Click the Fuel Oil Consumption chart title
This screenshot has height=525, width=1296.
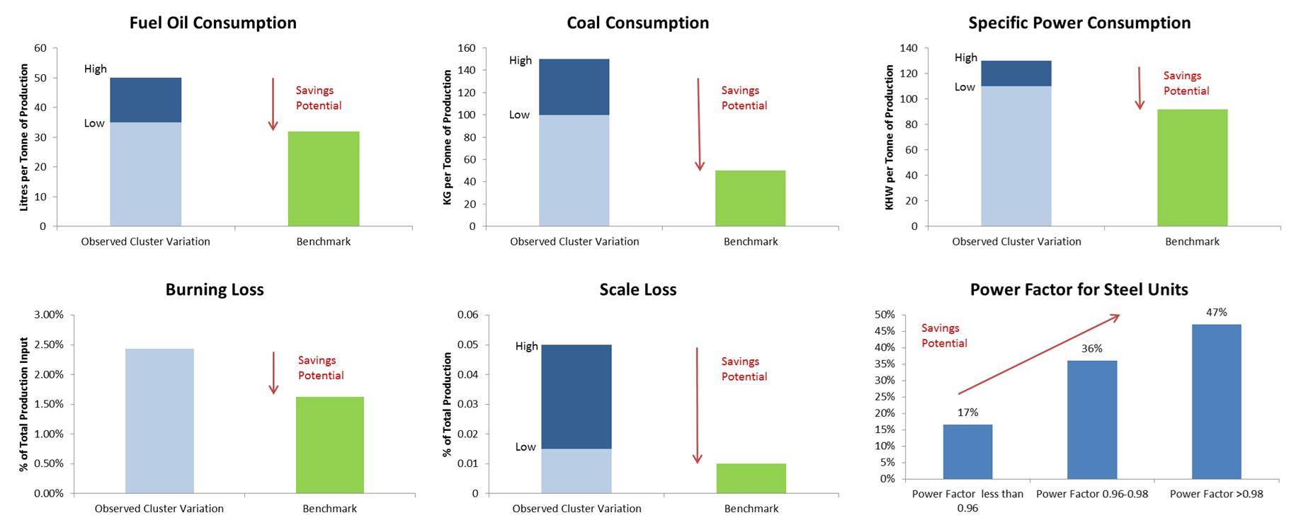click(212, 23)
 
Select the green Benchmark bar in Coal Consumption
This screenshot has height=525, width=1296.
click(750, 198)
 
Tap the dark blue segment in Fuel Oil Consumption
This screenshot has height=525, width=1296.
click(145, 100)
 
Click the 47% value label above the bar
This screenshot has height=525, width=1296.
click(1216, 312)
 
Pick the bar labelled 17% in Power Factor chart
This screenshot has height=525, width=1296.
click(967, 451)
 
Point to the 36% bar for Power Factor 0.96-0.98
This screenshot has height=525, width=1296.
click(1091, 420)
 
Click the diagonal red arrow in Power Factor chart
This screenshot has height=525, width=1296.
click(1038, 354)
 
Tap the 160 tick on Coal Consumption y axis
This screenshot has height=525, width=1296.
click(467, 48)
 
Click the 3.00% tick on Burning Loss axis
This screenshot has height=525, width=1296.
click(49, 315)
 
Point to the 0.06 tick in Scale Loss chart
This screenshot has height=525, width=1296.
click(467, 315)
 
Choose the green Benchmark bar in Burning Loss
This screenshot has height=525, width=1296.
click(329, 445)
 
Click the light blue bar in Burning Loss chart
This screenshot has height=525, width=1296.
click(159, 421)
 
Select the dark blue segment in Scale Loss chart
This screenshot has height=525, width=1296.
click(576, 396)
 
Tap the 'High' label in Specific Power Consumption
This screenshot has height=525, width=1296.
click(965, 57)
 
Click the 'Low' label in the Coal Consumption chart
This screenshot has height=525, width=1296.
click(519, 115)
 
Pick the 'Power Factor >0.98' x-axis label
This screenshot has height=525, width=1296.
click(1216, 494)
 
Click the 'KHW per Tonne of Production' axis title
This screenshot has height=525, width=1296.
click(889, 137)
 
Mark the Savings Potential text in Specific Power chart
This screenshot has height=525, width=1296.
click(1186, 83)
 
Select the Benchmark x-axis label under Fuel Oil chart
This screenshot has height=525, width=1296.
click(323, 241)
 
